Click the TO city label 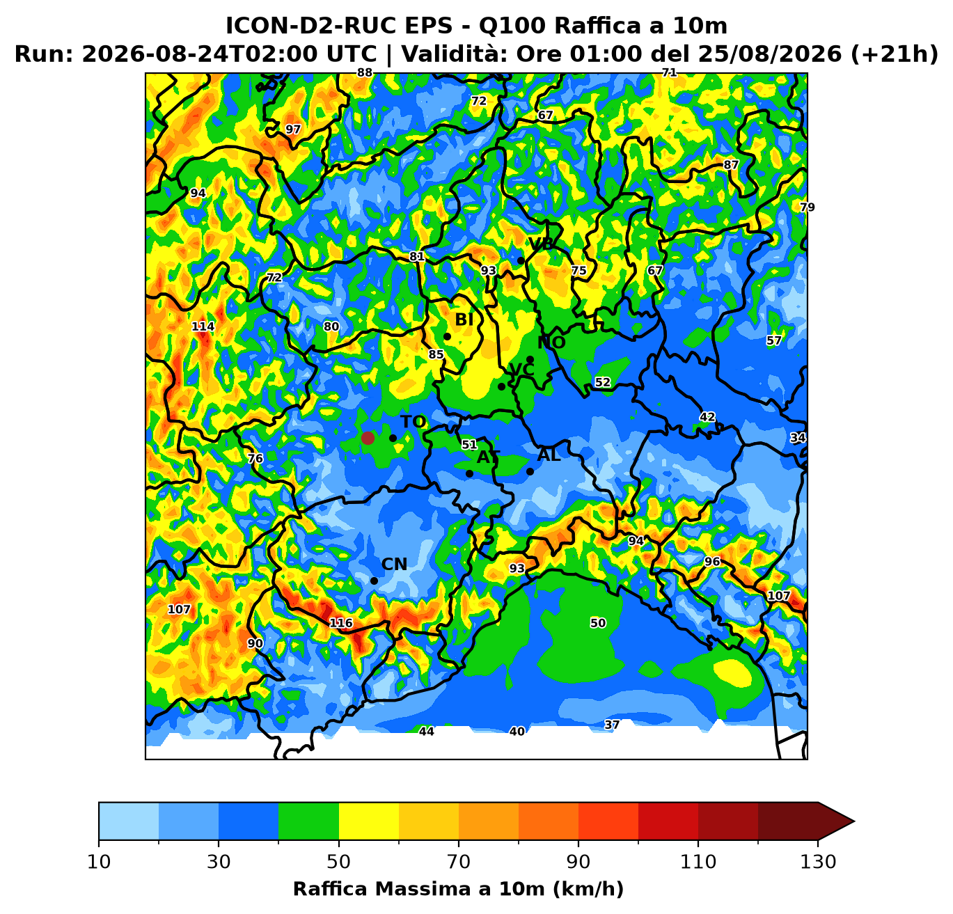click(x=413, y=422)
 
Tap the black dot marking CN click(x=374, y=581)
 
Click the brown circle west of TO click(x=368, y=438)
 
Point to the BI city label click(x=464, y=320)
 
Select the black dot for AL click(x=530, y=472)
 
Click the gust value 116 click(x=341, y=623)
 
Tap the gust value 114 click(x=203, y=326)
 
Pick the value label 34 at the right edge click(x=798, y=437)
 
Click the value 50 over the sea click(x=598, y=623)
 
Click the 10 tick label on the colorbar click(x=99, y=862)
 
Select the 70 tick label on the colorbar click(x=458, y=862)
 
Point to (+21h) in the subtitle click(x=895, y=54)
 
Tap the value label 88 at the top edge click(x=364, y=73)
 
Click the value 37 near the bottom click(x=612, y=725)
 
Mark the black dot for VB click(x=521, y=260)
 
